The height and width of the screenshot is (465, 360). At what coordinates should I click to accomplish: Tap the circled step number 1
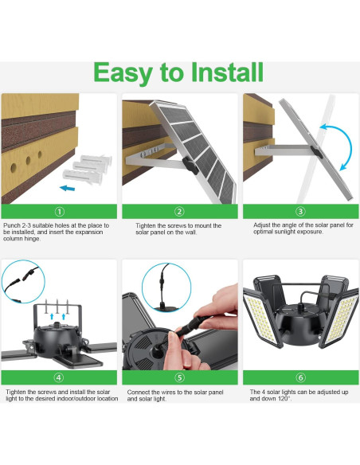coord(59,212)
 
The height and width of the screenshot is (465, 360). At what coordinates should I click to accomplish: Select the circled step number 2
coord(180,212)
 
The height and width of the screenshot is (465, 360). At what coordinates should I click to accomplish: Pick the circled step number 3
coord(300,212)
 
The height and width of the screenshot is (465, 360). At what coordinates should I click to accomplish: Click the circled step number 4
coord(59,377)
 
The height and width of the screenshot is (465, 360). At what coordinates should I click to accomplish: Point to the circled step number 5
coord(180,377)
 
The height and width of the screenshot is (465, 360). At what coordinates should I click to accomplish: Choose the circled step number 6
coord(300,377)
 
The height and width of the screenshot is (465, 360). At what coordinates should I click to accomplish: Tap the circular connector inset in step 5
coord(166,286)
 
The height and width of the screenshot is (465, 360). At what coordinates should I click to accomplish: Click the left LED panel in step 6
coord(264,319)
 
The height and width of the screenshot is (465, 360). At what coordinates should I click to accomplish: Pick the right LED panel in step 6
coord(338,319)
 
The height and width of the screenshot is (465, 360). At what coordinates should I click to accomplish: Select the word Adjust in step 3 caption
coord(263,225)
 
